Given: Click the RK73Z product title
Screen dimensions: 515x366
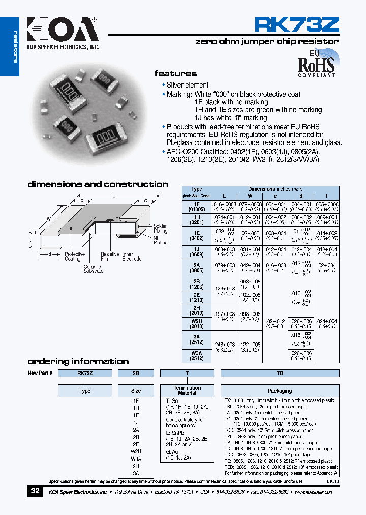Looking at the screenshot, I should (296, 25).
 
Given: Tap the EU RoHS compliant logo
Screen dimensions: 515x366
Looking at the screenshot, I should (316, 63).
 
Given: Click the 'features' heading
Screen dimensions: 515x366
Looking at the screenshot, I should (175, 73).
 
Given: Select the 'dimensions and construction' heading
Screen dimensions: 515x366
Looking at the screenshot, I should (98, 184).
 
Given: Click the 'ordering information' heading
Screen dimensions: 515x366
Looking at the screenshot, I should (78, 361).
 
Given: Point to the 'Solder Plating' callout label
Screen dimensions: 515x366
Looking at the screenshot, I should (160, 228).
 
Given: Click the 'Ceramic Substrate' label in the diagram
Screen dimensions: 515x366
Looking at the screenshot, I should (94, 269).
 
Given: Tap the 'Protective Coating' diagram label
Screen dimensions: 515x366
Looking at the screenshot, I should (75, 256).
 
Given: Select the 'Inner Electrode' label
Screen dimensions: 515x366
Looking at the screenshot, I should (132, 256).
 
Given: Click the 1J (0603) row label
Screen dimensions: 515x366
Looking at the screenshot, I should (196, 252).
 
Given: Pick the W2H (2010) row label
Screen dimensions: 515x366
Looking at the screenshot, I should (196, 324).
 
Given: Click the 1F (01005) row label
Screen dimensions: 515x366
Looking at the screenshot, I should (196, 206).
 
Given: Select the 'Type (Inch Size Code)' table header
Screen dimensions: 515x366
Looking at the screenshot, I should (196, 192).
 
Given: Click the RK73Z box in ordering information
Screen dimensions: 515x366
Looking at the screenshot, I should (85, 373).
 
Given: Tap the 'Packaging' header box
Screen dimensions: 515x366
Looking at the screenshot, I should (280, 391).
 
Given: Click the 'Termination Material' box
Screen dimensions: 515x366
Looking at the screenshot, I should (187, 390).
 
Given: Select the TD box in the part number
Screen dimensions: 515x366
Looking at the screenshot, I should (280, 373).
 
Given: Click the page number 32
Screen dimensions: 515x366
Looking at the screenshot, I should (35, 491).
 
